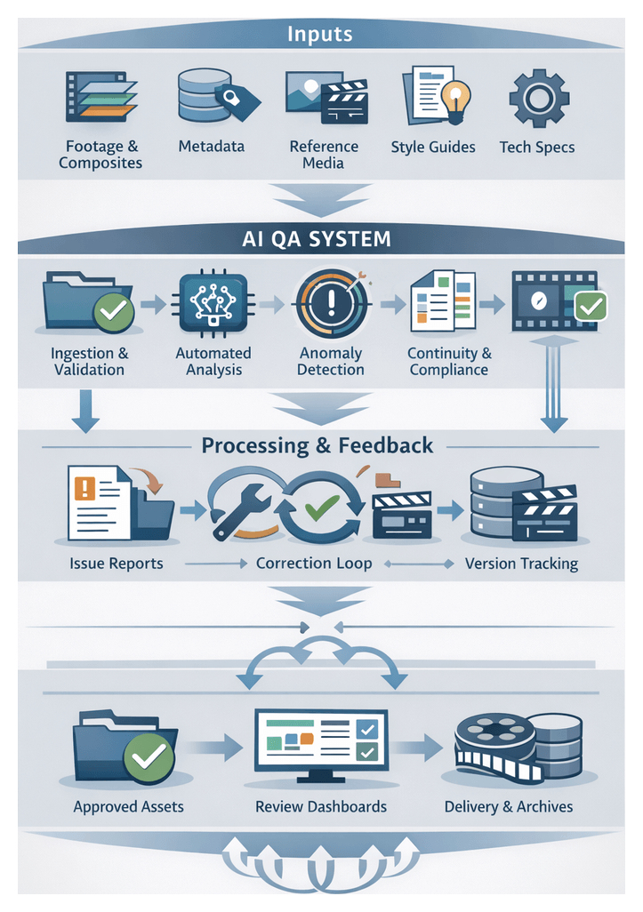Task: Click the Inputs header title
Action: coord(320,35)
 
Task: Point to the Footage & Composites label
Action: coord(100,155)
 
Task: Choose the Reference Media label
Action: coord(324,155)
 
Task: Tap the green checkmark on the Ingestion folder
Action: coord(116,313)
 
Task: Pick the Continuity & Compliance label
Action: coord(449,361)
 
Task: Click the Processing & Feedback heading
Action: coord(317,444)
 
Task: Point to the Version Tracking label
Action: coord(521,564)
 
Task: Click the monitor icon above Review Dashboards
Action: coord(321,744)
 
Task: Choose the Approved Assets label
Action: coord(128,807)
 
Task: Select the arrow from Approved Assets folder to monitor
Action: coord(218,748)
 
